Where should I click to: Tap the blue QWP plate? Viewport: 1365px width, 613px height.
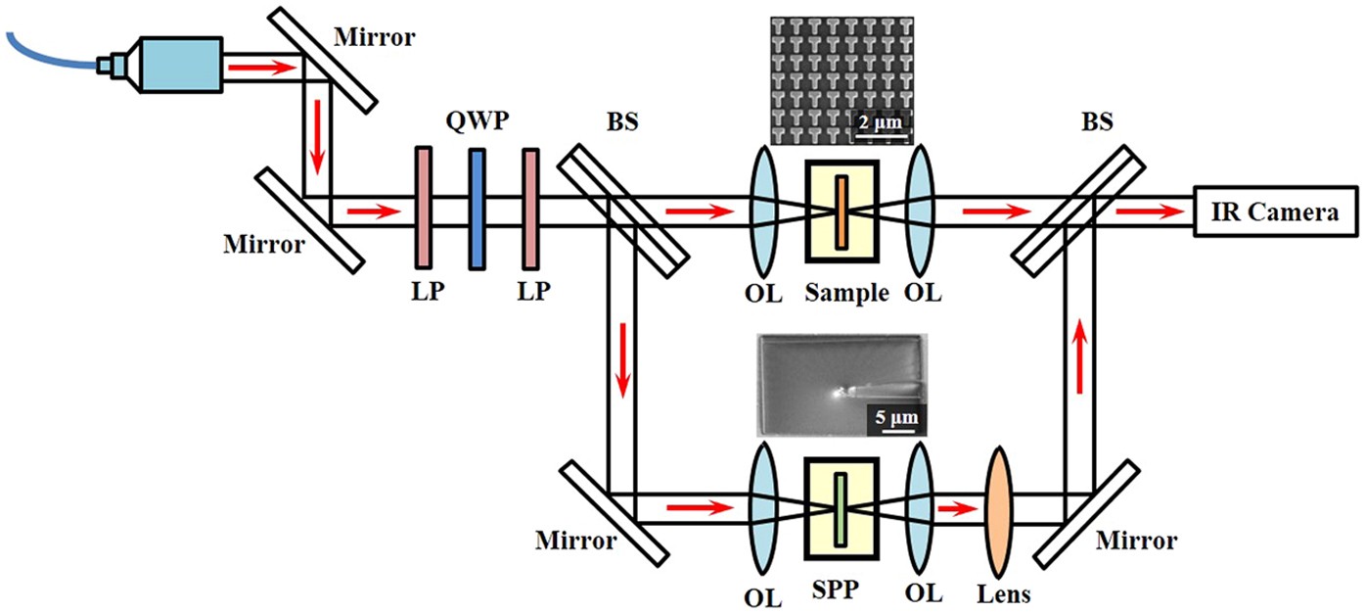pyautogui.click(x=477, y=208)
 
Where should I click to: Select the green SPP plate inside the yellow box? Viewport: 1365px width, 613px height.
pyautogui.click(x=841, y=509)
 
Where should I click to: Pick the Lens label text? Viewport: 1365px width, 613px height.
pyautogui.click(x=1004, y=593)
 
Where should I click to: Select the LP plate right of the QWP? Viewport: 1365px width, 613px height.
pyautogui.click(x=529, y=208)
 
